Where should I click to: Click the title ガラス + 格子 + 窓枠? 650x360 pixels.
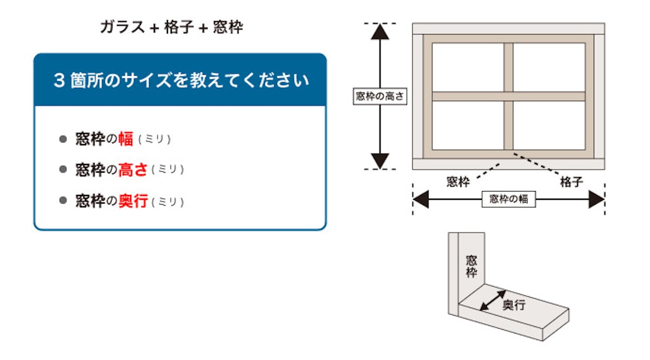coord(171,28)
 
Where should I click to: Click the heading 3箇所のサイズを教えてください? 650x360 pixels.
coord(181,81)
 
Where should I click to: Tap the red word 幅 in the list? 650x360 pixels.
coord(126,139)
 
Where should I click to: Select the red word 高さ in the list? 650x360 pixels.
coord(133,170)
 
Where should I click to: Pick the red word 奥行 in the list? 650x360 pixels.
coord(133,201)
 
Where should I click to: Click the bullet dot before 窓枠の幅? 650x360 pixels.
coord(63,139)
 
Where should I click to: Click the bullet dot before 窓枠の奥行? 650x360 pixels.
coord(63,201)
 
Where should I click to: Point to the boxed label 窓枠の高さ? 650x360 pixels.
coord(380,96)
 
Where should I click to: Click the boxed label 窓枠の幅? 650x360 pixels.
coord(508,199)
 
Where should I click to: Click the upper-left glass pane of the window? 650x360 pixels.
coord(468,67)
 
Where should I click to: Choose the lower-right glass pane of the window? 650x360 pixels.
coord(549,125)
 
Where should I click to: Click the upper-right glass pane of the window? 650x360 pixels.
coord(549,67)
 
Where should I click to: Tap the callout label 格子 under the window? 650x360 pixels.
coord(571,182)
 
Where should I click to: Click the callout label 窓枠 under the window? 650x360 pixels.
coord(458,182)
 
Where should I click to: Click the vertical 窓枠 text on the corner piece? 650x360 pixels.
coord(471,266)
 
